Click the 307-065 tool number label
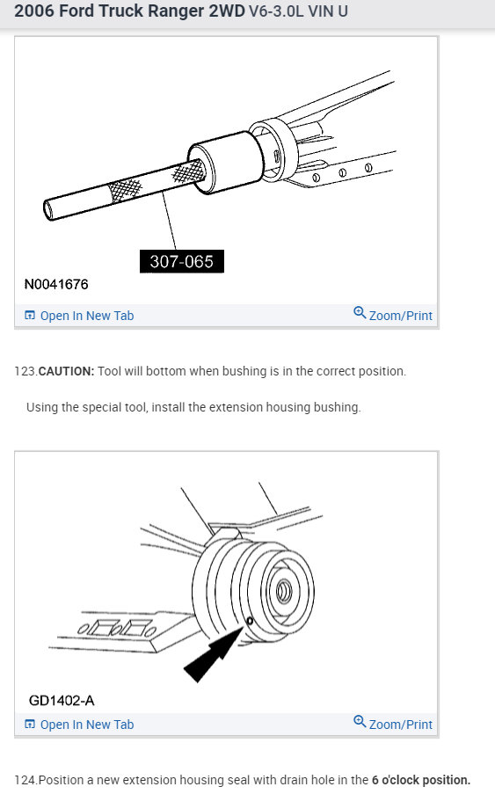[182, 261]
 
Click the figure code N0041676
[56, 285]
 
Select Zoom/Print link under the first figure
[400, 316]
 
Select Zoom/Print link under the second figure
[400, 724]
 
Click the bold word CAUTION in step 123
[66, 371]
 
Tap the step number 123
[25, 371]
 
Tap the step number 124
[25, 780]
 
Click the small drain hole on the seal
[250, 621]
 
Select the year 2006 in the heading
[33, 15]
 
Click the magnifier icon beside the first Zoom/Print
[359, 313]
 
